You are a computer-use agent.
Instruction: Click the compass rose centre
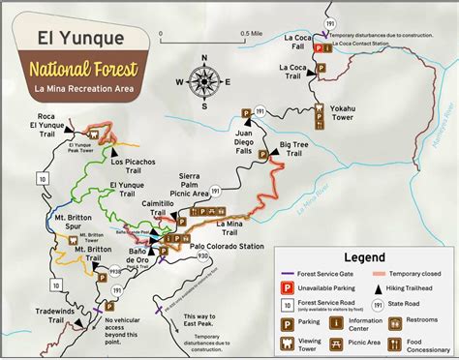(x=204, y=81)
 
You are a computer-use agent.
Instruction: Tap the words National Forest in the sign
(x=82, y=70)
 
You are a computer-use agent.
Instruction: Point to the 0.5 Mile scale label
(x=251, y=35)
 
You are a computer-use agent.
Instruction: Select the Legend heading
(x=362, y=257)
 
